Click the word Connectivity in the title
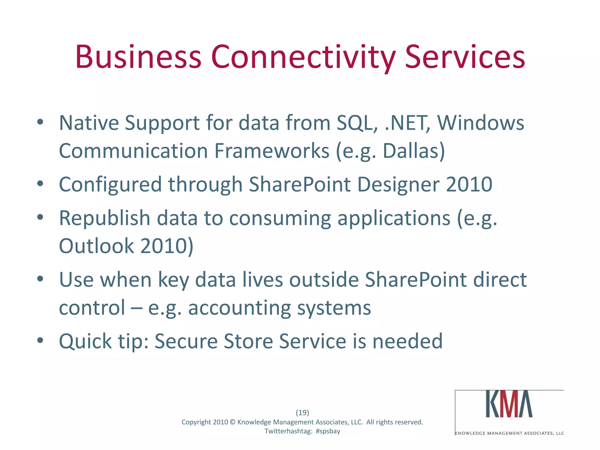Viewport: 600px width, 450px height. (303, 57)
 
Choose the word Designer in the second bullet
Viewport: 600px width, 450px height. (398, 185)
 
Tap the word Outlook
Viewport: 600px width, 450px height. (96, 246)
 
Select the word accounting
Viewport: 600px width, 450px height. (239, 308)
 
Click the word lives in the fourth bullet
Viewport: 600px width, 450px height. (262, 280)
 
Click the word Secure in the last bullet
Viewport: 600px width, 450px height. (186, 342)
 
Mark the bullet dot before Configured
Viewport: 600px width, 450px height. (40, 184)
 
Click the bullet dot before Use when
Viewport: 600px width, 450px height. (40, 279)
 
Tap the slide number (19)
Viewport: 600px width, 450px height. (302, 412)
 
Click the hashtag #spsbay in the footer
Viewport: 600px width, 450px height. (328, 431)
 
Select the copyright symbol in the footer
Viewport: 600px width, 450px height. (233, 422)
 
